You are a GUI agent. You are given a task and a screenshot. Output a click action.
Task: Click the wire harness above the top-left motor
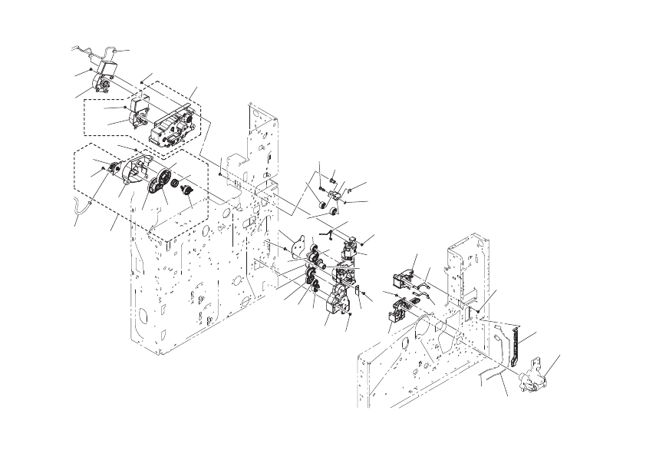[100, 54]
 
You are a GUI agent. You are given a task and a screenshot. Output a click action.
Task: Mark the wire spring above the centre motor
[329, 230]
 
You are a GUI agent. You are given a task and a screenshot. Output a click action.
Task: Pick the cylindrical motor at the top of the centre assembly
[349, 247]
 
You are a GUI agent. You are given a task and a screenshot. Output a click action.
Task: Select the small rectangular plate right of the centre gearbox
[358, 293]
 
